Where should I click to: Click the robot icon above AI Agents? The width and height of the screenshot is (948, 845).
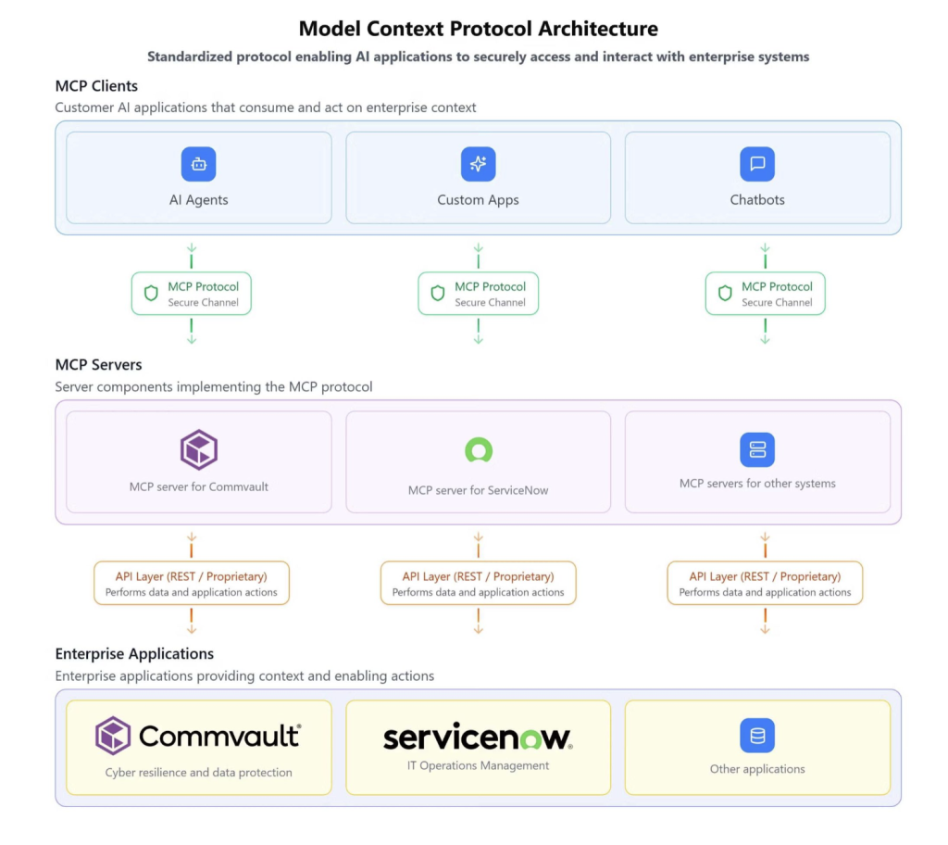point(198,164)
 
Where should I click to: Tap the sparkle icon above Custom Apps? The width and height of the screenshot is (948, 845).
point(478,164)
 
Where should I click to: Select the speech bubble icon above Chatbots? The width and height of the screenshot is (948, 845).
point(757,164)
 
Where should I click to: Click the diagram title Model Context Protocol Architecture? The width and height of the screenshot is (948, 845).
point(478,29)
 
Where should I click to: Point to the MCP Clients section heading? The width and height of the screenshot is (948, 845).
point(96,86)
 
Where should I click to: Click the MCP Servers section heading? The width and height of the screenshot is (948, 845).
point(98,365)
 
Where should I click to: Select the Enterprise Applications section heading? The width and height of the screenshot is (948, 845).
point(134,654)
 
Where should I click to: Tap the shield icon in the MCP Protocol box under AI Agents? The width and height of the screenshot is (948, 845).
point(151,294)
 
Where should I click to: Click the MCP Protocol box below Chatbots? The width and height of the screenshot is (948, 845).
point(765,294)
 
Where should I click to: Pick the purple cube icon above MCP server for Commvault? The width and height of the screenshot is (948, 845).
point(198,450)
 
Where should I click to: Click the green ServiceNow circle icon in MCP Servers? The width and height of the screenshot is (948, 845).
point(478,451)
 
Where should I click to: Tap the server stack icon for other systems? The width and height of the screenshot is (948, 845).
point(757,449)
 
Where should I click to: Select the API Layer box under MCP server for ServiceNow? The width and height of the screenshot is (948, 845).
point(478,584)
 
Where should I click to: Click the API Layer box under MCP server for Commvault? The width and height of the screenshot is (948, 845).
point(192,584)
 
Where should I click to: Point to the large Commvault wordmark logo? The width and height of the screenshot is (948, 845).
point(198,736)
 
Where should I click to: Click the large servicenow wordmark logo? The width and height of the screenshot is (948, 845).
point(478,738)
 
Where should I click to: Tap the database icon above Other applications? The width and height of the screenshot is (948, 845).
point(757,736)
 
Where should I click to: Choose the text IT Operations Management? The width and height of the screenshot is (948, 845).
point(478,766)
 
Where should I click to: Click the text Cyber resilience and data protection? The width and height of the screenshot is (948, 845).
point(198,772)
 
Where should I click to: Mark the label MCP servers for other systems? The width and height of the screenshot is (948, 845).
point(757,484)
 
